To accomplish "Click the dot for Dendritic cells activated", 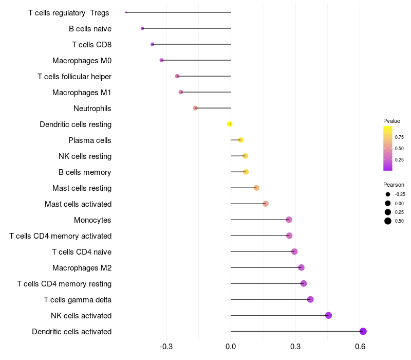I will tap(363, 331).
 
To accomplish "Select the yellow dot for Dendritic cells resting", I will tap(230, 124).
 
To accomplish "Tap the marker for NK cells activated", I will tap(329, 315).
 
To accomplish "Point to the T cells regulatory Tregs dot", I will tap(126, 12).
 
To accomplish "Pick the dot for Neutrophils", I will tap(195, 108).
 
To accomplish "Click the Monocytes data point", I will tap(289, 220).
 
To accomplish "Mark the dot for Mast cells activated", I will tap(266, 204).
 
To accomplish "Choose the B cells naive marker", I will tap(142, 28).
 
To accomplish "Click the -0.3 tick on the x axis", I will tap(166, 347).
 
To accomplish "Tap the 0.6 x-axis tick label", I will tap(360, 347).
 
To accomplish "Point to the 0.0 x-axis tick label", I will tap(231, 347).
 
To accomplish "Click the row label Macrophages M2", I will tap(82, 268).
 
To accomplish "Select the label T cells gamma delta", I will tap(78, 300).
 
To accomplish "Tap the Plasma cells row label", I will tap(90, 140).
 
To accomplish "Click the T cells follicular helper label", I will tap(74, 77).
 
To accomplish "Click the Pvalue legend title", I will tap(391, 121).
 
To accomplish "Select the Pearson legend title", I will tap(394, 185).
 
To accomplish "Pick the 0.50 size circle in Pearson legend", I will tap(388, 221).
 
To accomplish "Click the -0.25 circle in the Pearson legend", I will tap(388, 194).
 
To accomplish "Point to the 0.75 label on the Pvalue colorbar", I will tap(399, 137).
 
